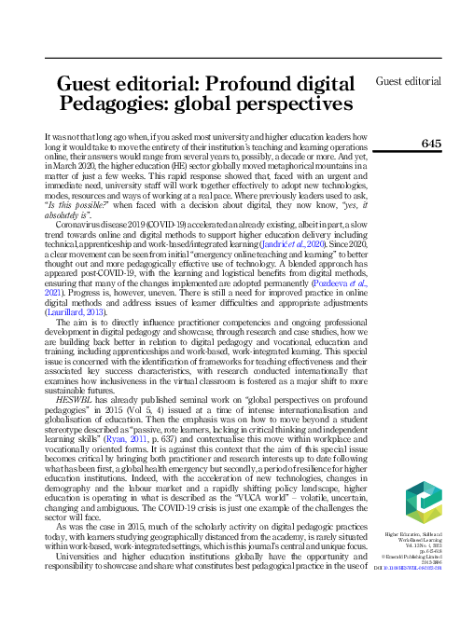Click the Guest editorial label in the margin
[x=408, y=81]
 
